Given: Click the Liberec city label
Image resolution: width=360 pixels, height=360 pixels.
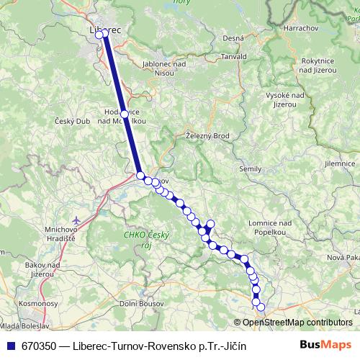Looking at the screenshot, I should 105,30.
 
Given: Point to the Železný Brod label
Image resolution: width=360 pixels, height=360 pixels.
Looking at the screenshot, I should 207,135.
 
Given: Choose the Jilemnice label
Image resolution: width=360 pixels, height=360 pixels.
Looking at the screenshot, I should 341,164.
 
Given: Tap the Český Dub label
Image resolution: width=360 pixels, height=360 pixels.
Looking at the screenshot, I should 72,121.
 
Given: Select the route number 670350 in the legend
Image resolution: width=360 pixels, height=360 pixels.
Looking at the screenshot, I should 39,346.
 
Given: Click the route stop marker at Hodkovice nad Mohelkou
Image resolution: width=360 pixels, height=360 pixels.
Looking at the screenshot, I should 124,114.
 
